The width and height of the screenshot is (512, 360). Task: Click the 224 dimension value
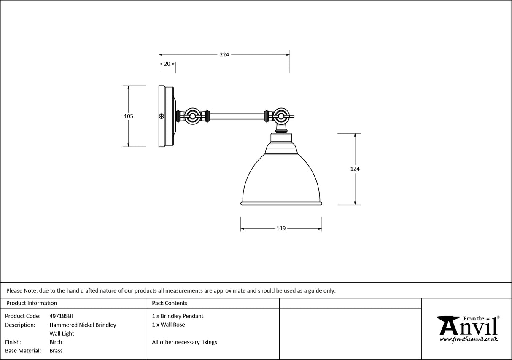tap(224, 54)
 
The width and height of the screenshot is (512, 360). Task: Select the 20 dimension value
tap(167, 64)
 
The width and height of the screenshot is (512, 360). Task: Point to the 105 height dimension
tap(129, 116)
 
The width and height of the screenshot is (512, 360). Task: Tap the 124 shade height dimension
tap(355, 169)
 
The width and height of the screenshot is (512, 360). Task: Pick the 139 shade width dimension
tap(281, 228)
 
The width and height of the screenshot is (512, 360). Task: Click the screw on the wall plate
tap(161, 116)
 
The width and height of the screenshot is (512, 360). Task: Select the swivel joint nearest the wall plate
tap(193, 116)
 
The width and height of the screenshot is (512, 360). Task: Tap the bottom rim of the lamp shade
tap(281, 204)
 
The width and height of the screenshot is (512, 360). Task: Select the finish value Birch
tap(56, 342)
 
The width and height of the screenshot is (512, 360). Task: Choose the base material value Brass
tap(56, 351)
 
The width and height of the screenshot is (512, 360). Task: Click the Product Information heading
tap(32, 303)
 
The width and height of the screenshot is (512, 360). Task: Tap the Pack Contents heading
tap(170, 303)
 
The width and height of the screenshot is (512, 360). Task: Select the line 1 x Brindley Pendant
tap(178, 316)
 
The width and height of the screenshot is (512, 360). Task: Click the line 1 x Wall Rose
tap(168, 325)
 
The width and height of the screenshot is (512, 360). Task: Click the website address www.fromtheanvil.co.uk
tap(468, 339)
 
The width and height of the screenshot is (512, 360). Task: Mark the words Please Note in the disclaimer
tap(22, 290)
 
